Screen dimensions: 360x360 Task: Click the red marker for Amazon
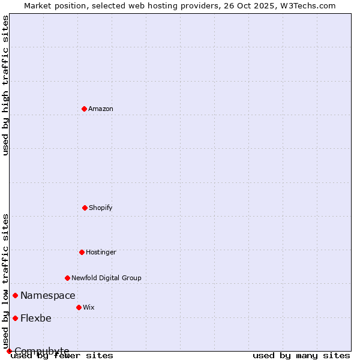85,109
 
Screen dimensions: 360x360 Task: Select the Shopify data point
85,208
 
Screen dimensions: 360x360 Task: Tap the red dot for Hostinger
82,252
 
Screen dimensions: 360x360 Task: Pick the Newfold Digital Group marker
67,278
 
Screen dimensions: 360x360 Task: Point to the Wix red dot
79,307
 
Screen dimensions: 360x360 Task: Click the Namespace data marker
15,295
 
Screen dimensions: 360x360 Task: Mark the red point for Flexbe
15,318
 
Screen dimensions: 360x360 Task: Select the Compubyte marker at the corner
9,351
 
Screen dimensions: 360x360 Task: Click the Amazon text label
101,109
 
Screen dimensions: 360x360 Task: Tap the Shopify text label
101,208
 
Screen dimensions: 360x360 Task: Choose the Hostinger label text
101,252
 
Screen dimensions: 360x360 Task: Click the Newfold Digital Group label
106,278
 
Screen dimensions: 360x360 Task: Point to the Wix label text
89,307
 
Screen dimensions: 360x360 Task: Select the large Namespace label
48,295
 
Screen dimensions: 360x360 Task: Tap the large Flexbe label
36,318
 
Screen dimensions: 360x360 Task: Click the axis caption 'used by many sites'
301,355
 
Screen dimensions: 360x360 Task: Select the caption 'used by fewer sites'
62,355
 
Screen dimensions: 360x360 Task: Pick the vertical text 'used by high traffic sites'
5,85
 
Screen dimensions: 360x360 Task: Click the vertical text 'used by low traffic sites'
5,281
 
